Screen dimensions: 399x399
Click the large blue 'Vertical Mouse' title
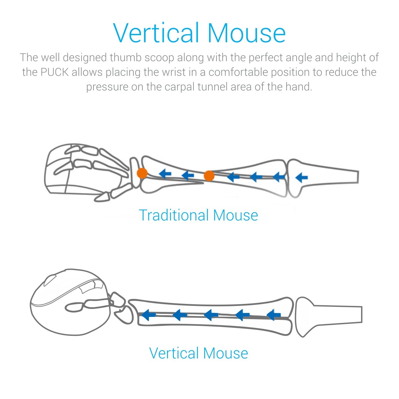(x=199, y=33)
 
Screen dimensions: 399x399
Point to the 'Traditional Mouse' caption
(x=198, y=215)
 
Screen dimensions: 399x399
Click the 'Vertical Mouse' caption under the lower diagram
(x=199, y=353)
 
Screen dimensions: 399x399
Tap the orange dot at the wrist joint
(x=142, y=173)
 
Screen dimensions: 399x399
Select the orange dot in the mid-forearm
(x=209, y=176)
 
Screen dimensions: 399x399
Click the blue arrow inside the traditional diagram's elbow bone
(x=301, y=177)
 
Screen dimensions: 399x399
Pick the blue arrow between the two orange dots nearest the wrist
(x=165, y=173)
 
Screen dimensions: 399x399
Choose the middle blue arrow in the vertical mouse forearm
(x=211, y=314)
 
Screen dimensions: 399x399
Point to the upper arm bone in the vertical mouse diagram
(x=329, y=315)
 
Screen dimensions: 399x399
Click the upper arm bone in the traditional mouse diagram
(x=326, y=176)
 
